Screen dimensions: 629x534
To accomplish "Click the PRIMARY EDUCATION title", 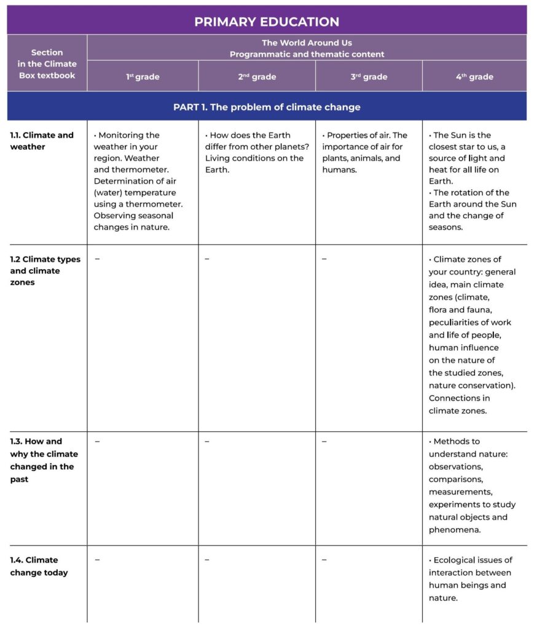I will pyautogui.click(x=267, y=21).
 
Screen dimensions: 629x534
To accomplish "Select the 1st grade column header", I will pyautogui.click(x=143, y=77).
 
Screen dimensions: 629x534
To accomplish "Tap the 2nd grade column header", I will pyautogui.click(x=256, y=77).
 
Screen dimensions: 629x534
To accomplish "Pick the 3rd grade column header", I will pyautogui.click(x=369, y=77).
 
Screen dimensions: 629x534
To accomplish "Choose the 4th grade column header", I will pyautogui.click(x=474, y=77).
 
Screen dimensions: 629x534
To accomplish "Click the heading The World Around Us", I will pyautogui.click(x=307, y=43).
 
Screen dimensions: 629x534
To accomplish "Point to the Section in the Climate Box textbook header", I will pyautogui.click(x=47, y=64).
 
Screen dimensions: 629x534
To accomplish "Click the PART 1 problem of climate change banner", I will pyautogui.click(x=267, y=107).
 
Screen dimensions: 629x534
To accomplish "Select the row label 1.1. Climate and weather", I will pyautogui.click(x=42, y=141).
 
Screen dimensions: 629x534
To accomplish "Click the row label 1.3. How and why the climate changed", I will pyautogui.click(x=44, y=460).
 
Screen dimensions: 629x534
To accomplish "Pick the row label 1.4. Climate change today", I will pyautogui.click(x=39, y=566).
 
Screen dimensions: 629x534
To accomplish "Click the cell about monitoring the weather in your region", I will pyautogui.click(x=138, y=181).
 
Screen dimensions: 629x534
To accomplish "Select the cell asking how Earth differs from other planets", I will pyautogui.click(x=254, y=152).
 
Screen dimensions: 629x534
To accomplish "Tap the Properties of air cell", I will pyautogui.click(x=364, y=152).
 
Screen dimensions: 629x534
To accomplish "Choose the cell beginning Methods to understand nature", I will pyautogui.click(x=472, y=485).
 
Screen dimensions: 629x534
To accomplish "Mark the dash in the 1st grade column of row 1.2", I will pyautogui.click(x=97, y=259).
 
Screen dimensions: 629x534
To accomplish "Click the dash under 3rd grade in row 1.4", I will pyautogui.click(x=324, y=560).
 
